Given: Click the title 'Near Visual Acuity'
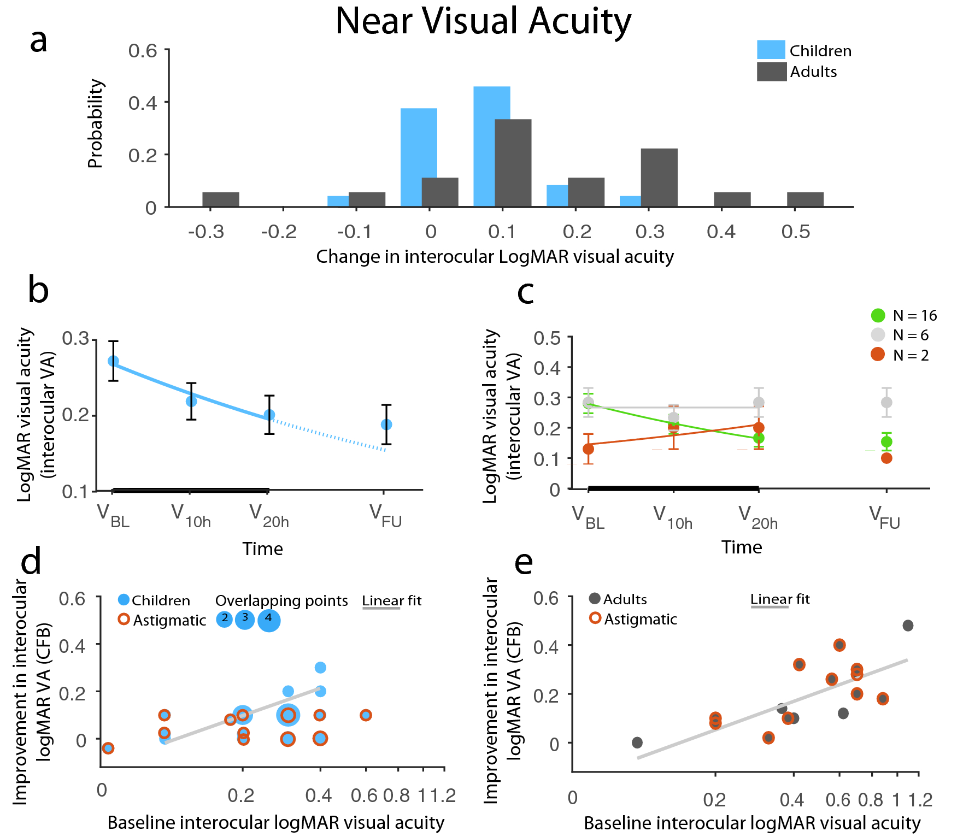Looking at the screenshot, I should tap(483, 21).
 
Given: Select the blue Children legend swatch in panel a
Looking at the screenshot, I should tap(771, 50).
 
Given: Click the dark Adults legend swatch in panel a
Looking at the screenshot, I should tap(771, 72).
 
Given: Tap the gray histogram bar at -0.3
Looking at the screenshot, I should tap(221, 199).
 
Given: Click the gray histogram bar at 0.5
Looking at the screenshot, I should tap(805, 199).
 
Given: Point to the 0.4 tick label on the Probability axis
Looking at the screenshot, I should tap(142, 103).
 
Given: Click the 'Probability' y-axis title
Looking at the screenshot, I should tap(95, 123).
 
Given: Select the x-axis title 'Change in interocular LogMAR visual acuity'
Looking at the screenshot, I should tap(495, 256).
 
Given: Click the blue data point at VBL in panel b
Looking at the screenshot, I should tap(113, 361).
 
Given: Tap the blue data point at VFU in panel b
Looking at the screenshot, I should tap(386, 425).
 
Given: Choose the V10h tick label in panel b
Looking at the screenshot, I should tap(191, 516).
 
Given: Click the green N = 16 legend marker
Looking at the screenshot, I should tap(878, 315).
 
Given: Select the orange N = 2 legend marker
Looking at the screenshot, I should tap(878, 355).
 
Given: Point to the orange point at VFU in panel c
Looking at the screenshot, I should tap(886, 458).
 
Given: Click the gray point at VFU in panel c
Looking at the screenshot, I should tap(886, 403).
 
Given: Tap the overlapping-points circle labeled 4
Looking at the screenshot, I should tap(268, 620).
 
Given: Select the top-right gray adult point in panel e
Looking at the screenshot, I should tap(908, 626).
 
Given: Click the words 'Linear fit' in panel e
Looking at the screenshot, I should tap(780, 599).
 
